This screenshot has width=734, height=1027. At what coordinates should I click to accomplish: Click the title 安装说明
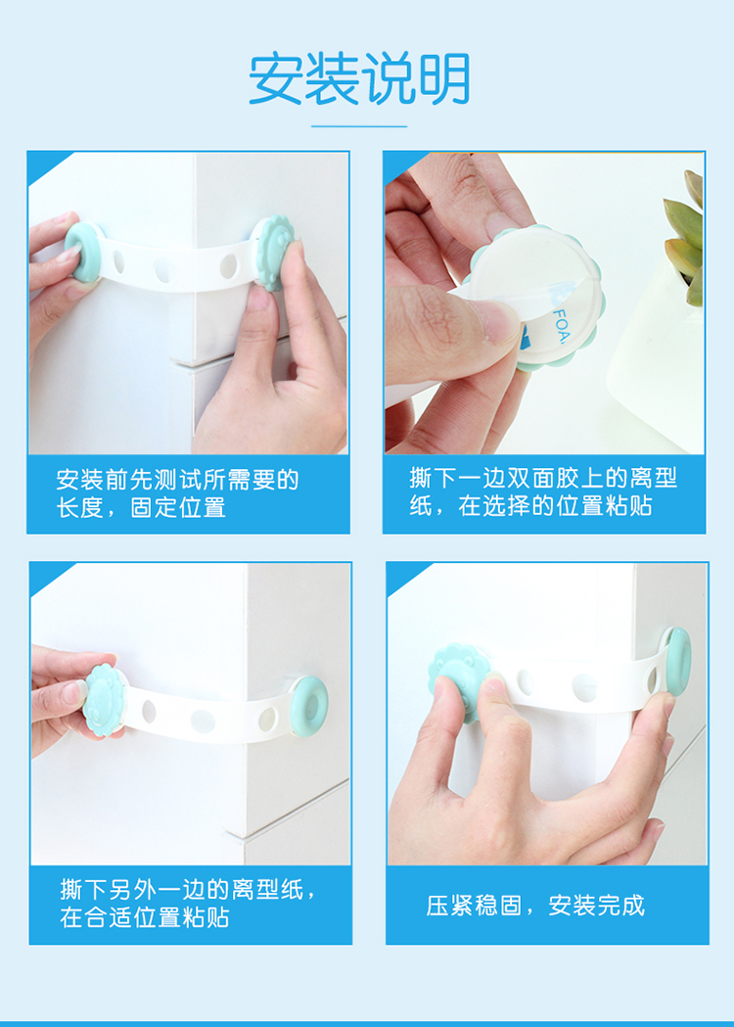pyautogui.click(x=359, y=78)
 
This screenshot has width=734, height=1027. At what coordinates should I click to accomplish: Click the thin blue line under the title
pyautogui.click(x=359, y=126)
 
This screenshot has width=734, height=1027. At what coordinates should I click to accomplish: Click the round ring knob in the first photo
pyautogui.click(x=83, y=253)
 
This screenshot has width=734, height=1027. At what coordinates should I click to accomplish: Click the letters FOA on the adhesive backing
pyautogui.click(x=560, y=326)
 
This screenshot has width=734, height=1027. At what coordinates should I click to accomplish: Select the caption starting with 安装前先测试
pyautogui.click(x=177, y=493)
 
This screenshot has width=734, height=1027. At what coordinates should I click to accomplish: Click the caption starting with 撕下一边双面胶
pyautogui.click(x=543, y=491)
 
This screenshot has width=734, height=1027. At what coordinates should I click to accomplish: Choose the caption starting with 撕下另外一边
pyautogui.click(x=189, y=904)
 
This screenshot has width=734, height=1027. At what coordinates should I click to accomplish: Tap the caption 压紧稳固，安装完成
pyautogui.click(x=535, y=906)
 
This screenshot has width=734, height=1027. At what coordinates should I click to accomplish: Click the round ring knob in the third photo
pyautogui.click(x=309, y=706)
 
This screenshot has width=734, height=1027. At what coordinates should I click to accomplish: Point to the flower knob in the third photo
pyautogui.click(x=104, y=700)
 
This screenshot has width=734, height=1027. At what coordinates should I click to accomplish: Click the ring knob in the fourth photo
pyautogui.click(x=676, y=661)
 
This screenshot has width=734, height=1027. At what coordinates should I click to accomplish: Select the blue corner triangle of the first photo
pyautogui.click(x=46, y=164)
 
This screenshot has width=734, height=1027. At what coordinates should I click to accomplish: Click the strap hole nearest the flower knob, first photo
pyautogui.click(x=228, y=266)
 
